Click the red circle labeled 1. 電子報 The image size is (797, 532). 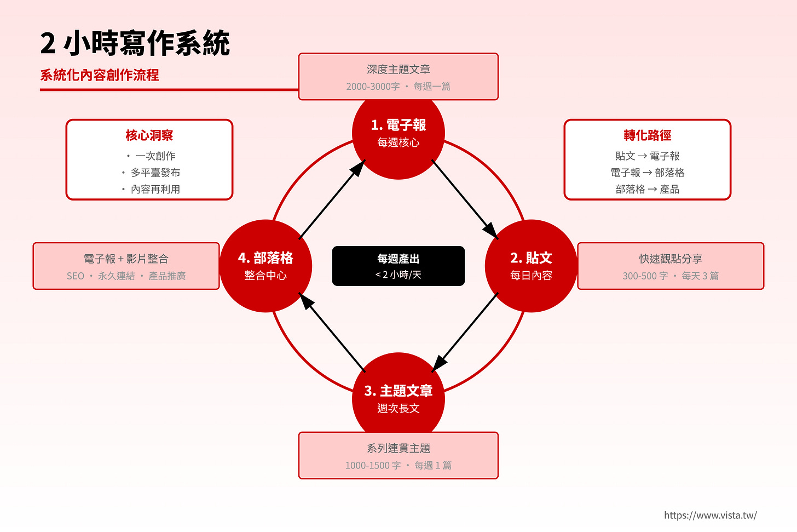[398, 133]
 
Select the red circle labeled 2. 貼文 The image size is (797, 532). [531, 266]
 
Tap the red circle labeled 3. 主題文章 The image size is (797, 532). [398, 399]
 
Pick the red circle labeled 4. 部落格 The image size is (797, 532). [265, 266]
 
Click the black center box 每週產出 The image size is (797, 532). [398, 266]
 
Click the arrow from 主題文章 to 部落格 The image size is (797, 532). [332, 333]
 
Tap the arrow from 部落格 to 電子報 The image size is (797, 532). [332, 200]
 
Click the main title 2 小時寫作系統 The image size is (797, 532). [135, 43]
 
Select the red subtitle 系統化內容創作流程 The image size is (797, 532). [100, 75]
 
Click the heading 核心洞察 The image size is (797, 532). [149, 135]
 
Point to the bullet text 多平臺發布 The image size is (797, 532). [155, 173]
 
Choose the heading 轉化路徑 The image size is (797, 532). [647, 135]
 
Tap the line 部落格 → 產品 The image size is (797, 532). [647, 190]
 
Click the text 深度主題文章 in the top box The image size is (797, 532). [398, 70]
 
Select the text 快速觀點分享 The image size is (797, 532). [670, 259]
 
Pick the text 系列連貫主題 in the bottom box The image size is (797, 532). [398, 448]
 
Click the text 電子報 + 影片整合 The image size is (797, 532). [126, 259]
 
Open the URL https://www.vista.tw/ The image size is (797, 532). [710, 515]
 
